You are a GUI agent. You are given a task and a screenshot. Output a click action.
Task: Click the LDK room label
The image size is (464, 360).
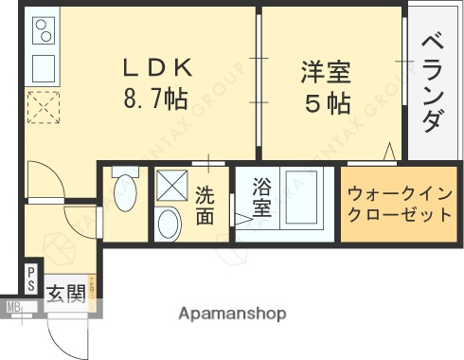[157, 67]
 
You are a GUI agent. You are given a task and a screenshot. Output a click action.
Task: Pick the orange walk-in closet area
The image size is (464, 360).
[399, 204]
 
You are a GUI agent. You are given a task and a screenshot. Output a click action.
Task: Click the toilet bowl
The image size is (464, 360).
[123, 195]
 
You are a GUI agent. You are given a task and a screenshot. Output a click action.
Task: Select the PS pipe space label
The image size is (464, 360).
[30, 279]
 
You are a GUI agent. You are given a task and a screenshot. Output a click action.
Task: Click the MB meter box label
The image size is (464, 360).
[14, 307]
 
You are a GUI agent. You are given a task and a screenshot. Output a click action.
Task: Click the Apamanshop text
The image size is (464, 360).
[231, 313]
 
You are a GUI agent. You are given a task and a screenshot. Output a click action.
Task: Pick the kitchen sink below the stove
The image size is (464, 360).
[43, 67]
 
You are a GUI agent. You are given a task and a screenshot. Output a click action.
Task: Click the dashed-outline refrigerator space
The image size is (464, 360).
[44, 107]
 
